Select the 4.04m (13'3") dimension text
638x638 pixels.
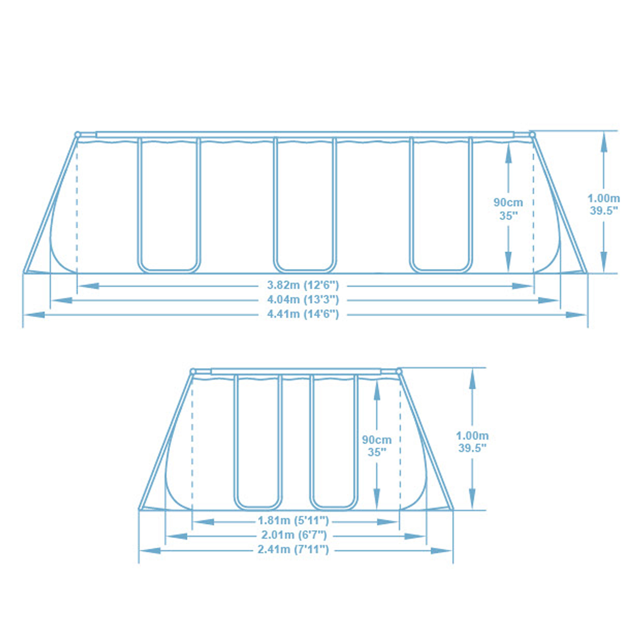point(303,300)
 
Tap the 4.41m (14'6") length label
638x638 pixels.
point(303,314)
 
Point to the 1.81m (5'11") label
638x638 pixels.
point(293,521)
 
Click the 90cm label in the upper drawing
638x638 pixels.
point(508,202)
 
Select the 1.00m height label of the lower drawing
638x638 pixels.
point(472,436)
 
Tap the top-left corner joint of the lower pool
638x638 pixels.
point(193,372)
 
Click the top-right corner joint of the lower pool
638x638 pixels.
point(399,372)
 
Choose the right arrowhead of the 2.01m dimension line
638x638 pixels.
point(415,536)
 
